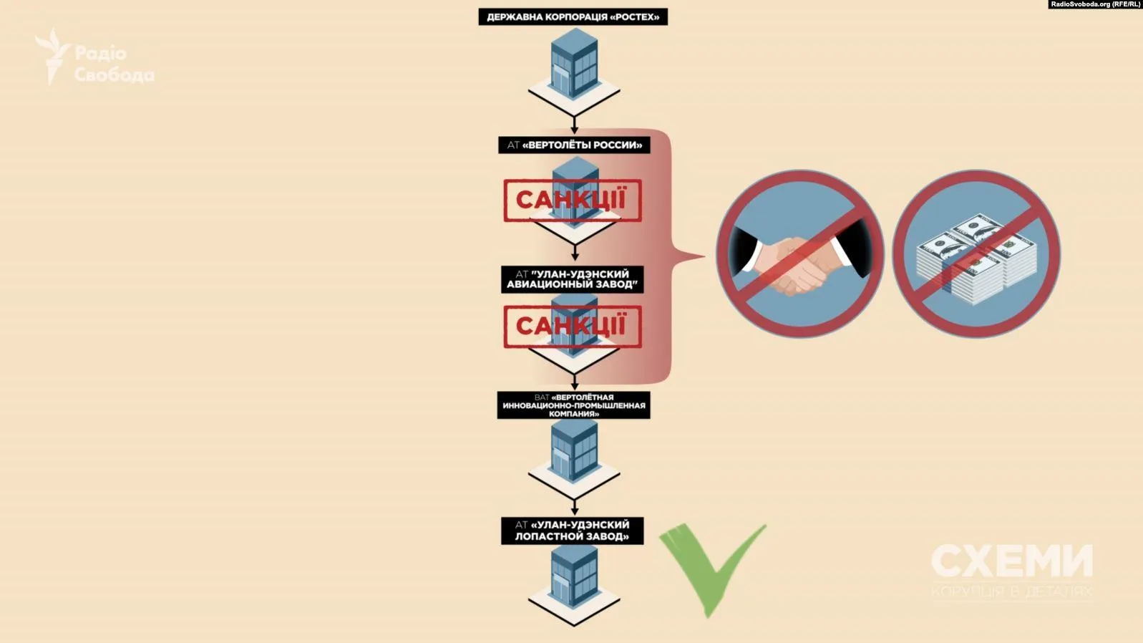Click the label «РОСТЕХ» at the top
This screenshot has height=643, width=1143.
(573, 16)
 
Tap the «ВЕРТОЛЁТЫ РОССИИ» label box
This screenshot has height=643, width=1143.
(574, 145)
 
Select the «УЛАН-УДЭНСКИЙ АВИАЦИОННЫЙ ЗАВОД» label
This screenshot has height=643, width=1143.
(572, 279)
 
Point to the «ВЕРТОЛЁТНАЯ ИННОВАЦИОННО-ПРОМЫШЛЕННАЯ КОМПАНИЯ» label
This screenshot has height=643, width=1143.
(573, 405)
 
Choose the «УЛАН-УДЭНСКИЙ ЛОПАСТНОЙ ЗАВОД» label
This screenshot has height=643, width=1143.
(572, 531)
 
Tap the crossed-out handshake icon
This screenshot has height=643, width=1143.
(800, 253)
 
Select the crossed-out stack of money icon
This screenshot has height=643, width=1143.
(976, 253)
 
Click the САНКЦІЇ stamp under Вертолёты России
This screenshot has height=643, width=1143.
(572, 200)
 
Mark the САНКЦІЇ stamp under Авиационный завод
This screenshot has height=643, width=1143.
(572, 327)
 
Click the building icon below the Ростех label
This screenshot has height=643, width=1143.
(574, 68)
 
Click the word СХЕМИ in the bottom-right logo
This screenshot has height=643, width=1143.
(1011, 561)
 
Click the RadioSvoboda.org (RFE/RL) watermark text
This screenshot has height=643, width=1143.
(1095, 4)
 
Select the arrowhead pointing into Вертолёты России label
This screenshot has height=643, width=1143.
(574, 131)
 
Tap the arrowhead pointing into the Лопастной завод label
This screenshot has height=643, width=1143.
(574, 511)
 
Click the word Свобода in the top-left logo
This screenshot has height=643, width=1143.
(114, 74)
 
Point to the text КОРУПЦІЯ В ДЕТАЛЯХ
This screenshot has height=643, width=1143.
(1011, 592)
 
